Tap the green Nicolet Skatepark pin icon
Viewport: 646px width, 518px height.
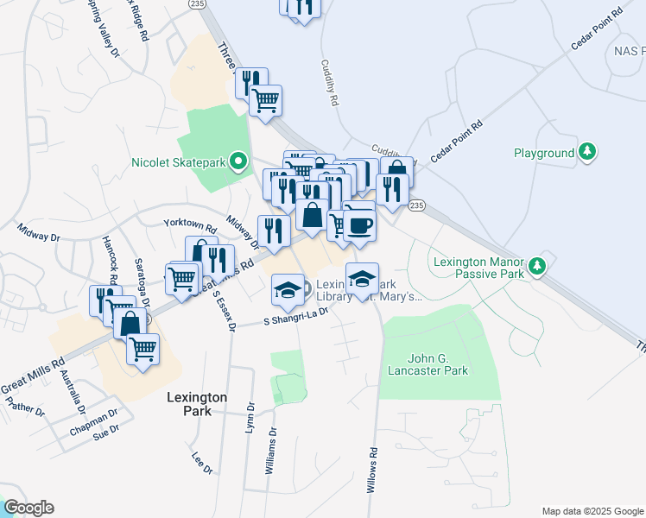[x=237, y=161]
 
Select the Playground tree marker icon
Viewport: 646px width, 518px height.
[x=587, y=153]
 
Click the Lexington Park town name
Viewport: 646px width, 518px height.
[x=197, y=404]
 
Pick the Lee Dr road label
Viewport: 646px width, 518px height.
[x=202, y=464]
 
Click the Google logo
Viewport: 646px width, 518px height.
[x=28, y=508]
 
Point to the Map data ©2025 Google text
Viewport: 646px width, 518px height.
[x=592, y=511]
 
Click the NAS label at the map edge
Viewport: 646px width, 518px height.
[x=628, y=51]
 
